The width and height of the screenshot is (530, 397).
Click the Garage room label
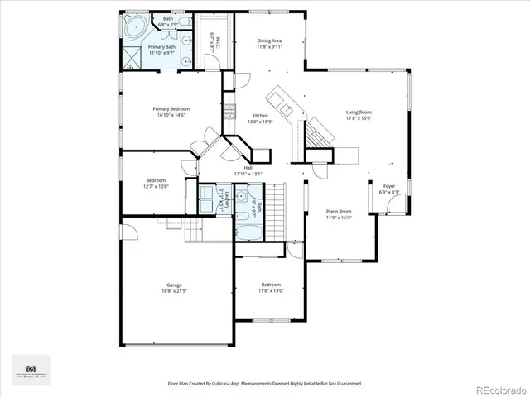click(x=174, y=285)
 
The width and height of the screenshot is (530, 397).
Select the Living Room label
click(x=359, y=112)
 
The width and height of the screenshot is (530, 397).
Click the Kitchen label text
click(x=260, y=115)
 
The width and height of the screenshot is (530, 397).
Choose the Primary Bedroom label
click(x=171, y=108)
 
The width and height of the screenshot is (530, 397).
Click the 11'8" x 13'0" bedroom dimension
click(x=271, y=290)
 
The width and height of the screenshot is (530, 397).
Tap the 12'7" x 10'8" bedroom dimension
click(x=157, y=186)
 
